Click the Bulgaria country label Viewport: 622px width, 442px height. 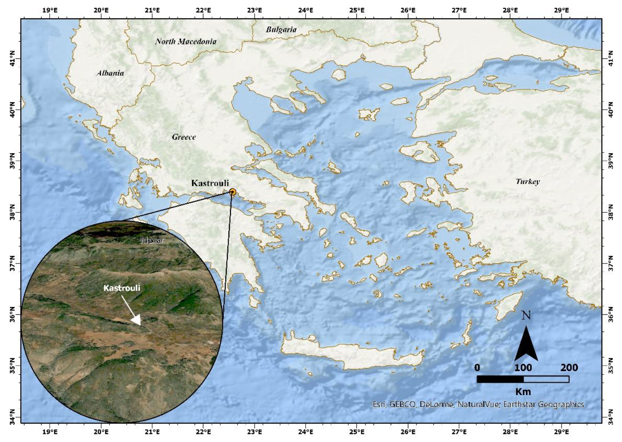pos(281,29)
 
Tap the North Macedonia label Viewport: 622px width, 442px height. pos(186,41)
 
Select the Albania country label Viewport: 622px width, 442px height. pos(110,73)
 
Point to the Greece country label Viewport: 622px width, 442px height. pos(184,137)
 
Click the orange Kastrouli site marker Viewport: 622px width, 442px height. pos(232,192)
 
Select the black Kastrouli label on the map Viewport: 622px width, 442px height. pos(210,183)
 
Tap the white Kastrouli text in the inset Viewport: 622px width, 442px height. pos(122,288)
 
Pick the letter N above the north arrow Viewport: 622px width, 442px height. pos(526,316)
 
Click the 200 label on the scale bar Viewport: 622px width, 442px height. pos(569,368)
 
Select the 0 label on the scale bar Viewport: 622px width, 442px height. pos(477,368)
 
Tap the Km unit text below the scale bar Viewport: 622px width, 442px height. pos(523,391)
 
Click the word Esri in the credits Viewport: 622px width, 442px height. pos(379,404)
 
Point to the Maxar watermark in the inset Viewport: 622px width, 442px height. pos(152,240)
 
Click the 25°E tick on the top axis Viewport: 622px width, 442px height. pos(357,10)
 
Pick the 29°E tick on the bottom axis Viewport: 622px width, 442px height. pos(561,432)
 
